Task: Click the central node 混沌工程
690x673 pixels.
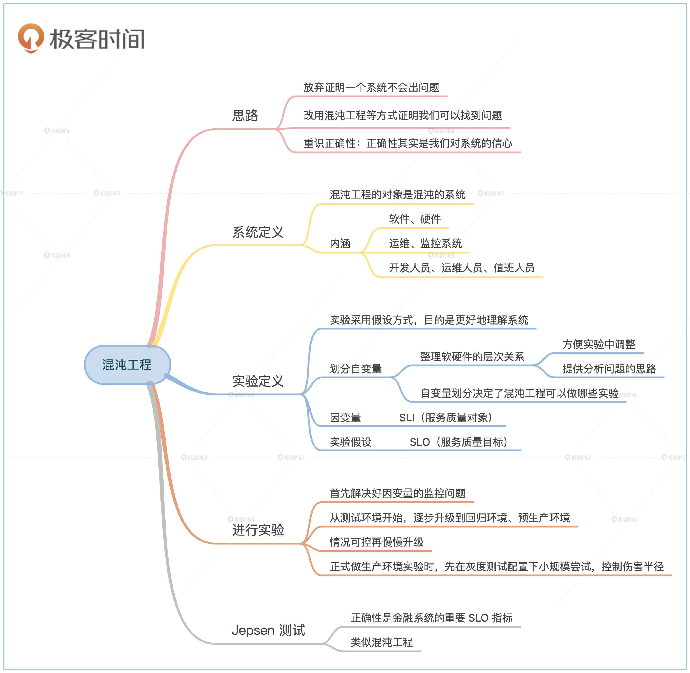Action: [127, 365]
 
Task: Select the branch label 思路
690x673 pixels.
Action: [245, 116]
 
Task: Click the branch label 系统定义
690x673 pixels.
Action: [258, 232]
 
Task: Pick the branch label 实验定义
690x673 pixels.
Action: [258, 381]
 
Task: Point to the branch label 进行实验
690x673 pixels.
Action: [258, 530]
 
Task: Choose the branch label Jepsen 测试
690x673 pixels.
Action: [268, 630]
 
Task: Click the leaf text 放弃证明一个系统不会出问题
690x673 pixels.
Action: [371, 87]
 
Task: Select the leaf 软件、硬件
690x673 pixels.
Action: [415, 219]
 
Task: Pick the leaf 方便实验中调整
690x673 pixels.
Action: [599, 344]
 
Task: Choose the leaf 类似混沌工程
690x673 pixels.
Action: [382, 642]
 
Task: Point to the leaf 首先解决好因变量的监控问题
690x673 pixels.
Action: [397, 493]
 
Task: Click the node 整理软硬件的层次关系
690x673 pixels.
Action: [472, 357]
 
